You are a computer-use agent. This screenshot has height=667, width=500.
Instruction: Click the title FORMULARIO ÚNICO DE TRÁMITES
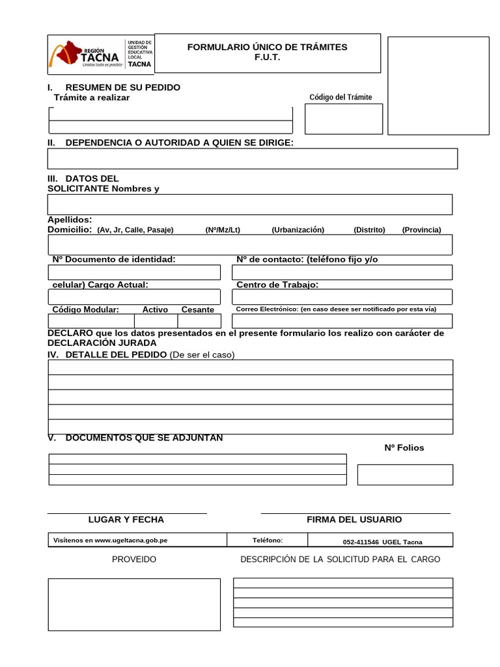(267, 47)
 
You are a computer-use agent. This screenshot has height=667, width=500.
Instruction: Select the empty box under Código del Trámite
(344, 119)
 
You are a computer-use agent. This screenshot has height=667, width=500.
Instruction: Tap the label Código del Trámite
(340, 97)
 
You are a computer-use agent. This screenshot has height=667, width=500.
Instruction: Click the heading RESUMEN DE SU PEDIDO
(122, 87)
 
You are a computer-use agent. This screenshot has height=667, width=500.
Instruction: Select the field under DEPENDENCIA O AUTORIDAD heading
(252, 158)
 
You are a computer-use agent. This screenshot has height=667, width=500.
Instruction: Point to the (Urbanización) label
(298, 230)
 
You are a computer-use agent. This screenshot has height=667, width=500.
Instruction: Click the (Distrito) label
(369, 230)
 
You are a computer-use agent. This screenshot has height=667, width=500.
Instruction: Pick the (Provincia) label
(421, 230)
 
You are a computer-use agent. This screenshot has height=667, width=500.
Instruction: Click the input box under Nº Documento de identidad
(134, 272)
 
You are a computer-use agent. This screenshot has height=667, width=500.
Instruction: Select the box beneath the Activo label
(156, 321)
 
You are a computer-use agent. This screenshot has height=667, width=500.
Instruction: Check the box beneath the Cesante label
(199, 321)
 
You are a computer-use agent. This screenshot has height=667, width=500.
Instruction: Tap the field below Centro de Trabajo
(342, 297)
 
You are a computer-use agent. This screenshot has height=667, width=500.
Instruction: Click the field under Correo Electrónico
(342, 321)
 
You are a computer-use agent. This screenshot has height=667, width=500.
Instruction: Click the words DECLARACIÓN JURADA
(102, 343)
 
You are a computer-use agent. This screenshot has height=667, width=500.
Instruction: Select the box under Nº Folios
(405, 474)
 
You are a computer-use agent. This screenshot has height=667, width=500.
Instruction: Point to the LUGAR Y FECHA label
(126, 520)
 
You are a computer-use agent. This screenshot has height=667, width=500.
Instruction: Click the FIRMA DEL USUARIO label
(354, 520)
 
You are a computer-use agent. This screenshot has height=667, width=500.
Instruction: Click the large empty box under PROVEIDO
(134, 604)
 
